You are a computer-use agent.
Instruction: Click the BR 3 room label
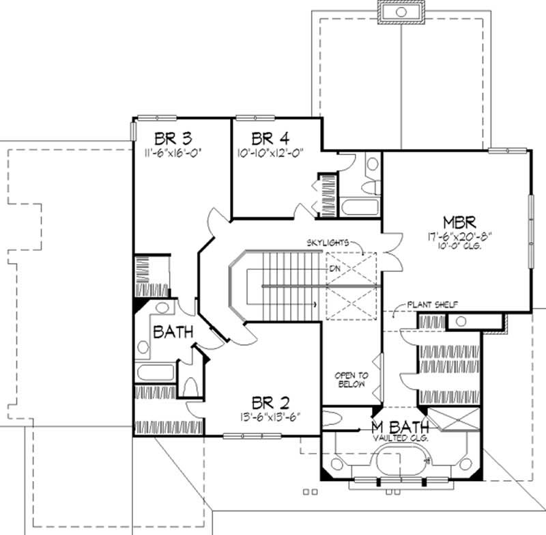coord(167,136)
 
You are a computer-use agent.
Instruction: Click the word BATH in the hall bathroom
coord(173,333)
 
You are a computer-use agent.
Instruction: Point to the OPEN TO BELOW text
coord(351,379)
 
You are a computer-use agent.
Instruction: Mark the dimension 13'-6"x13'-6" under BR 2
coord(269,415)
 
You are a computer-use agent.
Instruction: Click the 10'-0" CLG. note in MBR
coord(459,247)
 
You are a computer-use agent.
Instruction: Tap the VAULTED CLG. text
coord(401,438)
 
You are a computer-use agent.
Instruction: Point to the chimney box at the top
coord(401,12)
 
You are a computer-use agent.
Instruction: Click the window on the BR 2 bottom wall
coord(243,436)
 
